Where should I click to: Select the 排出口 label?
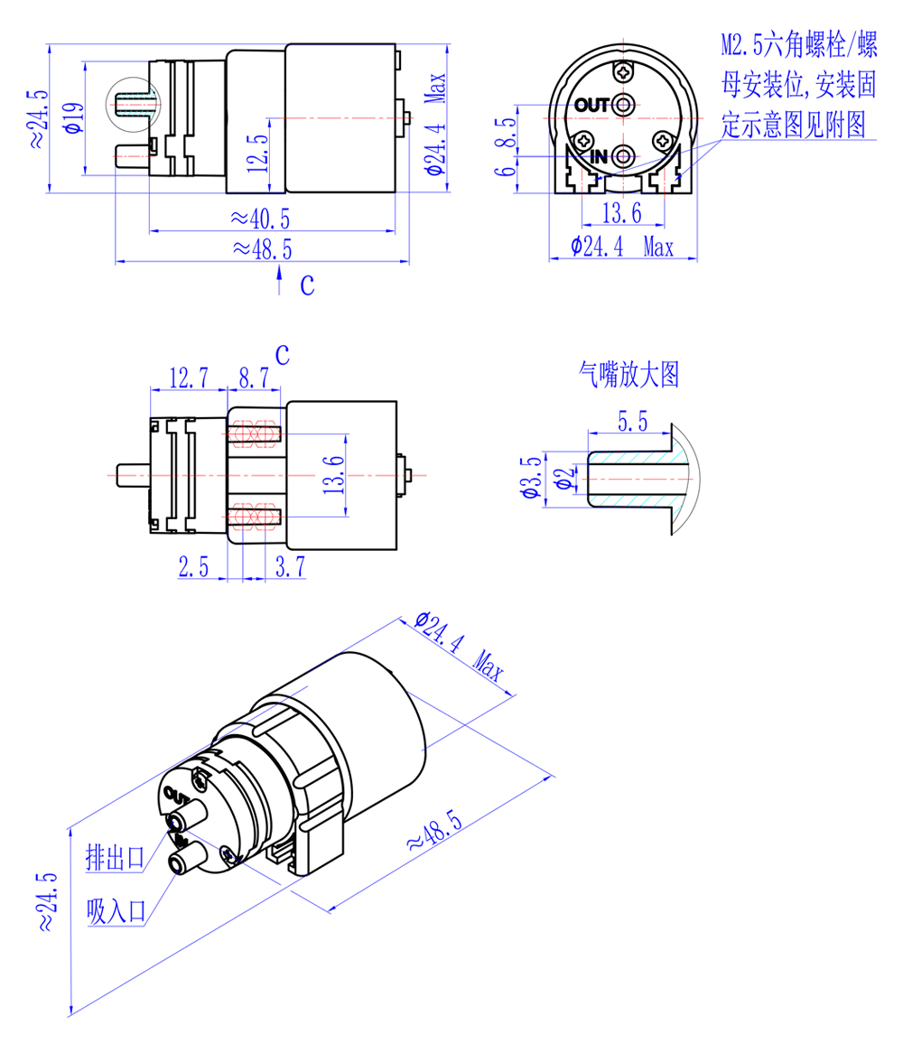click(115, 855)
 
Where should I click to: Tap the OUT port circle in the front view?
click(623, 105)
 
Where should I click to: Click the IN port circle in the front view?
click(623, 157)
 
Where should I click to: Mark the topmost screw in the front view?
click(623, 72)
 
